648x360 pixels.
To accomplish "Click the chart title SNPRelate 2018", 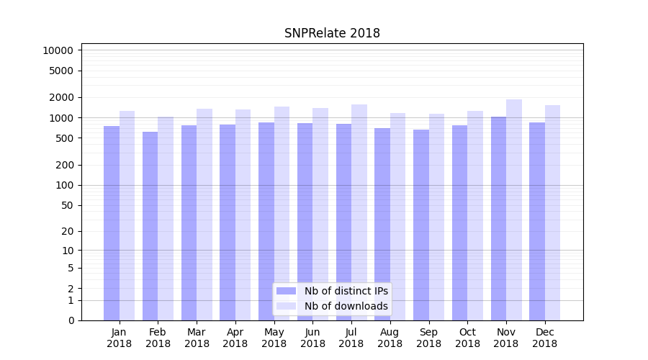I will click(332, 33).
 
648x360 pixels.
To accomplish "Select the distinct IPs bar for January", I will click(112, 223).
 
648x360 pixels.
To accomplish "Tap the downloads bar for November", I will click(514, 210).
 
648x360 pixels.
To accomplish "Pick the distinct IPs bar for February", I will click(150, 226).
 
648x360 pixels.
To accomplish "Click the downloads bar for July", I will click(359, 212).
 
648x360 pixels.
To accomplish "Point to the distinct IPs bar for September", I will click(421, 225).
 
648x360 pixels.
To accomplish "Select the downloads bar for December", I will click(553, 213).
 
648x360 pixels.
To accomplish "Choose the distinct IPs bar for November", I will click(498, 219).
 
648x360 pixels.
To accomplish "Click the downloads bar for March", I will click(204, 215).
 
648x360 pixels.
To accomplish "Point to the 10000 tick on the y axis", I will click(58, 50).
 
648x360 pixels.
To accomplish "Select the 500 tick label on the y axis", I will click(64, 138).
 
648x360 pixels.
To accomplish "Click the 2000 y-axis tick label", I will click(61, 97).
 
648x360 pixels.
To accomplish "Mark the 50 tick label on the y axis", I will click(67, 205).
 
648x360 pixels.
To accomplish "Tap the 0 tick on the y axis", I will click(70, 320).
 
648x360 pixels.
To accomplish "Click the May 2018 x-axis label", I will click(274, 338).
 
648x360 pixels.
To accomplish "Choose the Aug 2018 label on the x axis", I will click(390, 338).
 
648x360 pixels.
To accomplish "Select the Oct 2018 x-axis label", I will click(467, 338).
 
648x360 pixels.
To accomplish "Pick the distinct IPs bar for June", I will click(305, 222).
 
